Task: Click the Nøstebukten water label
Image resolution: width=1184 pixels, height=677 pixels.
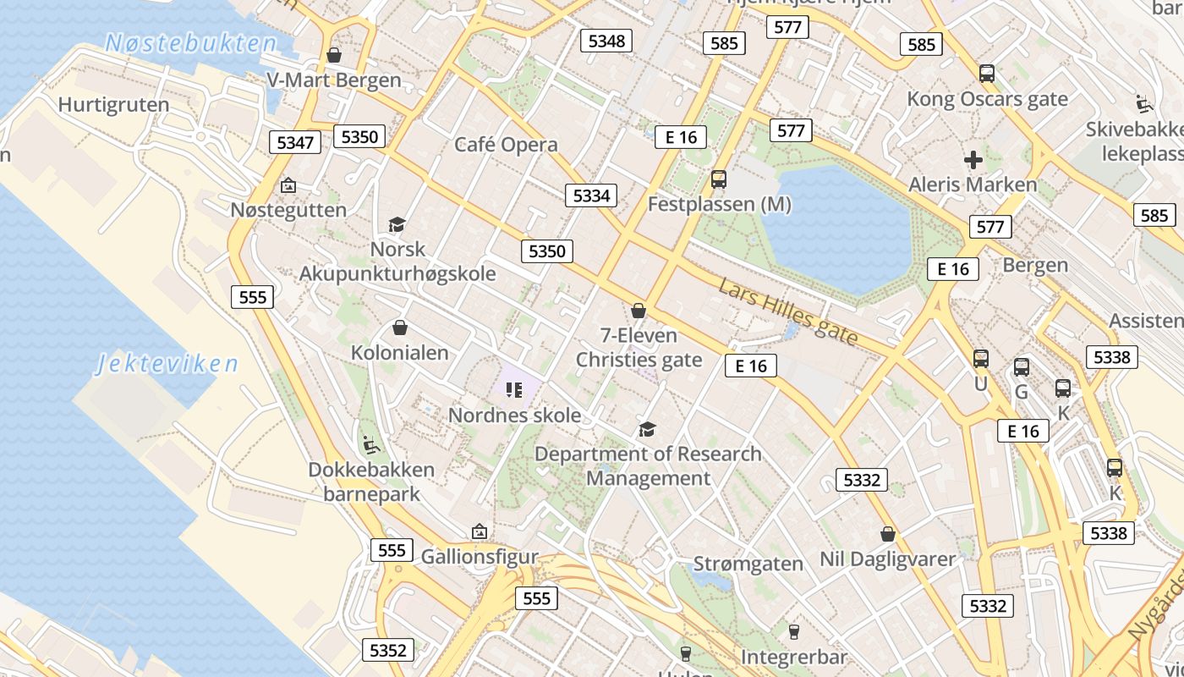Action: coord(191,43)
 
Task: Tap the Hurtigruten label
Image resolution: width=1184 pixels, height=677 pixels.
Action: coord(113,105)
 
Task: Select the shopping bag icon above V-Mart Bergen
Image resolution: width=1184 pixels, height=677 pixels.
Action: coord(334,55)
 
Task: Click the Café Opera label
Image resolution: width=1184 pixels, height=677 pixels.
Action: coord(506,145)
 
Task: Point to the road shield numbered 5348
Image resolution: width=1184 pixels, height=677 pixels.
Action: coord(606,41)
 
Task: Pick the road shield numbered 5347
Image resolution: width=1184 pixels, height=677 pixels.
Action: coord(295,142)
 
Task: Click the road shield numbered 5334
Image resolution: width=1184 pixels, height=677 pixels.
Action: coord(591,196)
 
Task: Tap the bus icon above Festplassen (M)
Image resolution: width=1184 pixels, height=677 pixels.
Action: coord(719,179)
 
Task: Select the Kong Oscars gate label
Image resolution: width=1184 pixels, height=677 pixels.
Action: coord(987,99)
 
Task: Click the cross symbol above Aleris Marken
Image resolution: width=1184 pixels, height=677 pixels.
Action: coord(973,159)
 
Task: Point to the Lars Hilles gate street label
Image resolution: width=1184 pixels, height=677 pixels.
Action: coord(788,311)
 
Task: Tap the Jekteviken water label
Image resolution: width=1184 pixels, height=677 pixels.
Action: coord(167,365)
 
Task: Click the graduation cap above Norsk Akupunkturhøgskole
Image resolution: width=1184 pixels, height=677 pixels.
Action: coord(397,224)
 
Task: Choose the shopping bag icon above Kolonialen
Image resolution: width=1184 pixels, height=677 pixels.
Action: coord(400,327)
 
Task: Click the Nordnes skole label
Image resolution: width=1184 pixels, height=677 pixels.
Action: coord(514,416)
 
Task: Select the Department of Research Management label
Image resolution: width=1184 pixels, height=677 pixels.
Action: coord(648,466)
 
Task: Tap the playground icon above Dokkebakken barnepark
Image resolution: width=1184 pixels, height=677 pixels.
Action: coord(370,443)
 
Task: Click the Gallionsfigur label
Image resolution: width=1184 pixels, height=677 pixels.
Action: coord(480,557)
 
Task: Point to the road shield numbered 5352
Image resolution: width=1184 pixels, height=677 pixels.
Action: coord(388,650)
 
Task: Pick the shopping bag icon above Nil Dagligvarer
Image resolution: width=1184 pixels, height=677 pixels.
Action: coord(888,534)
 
